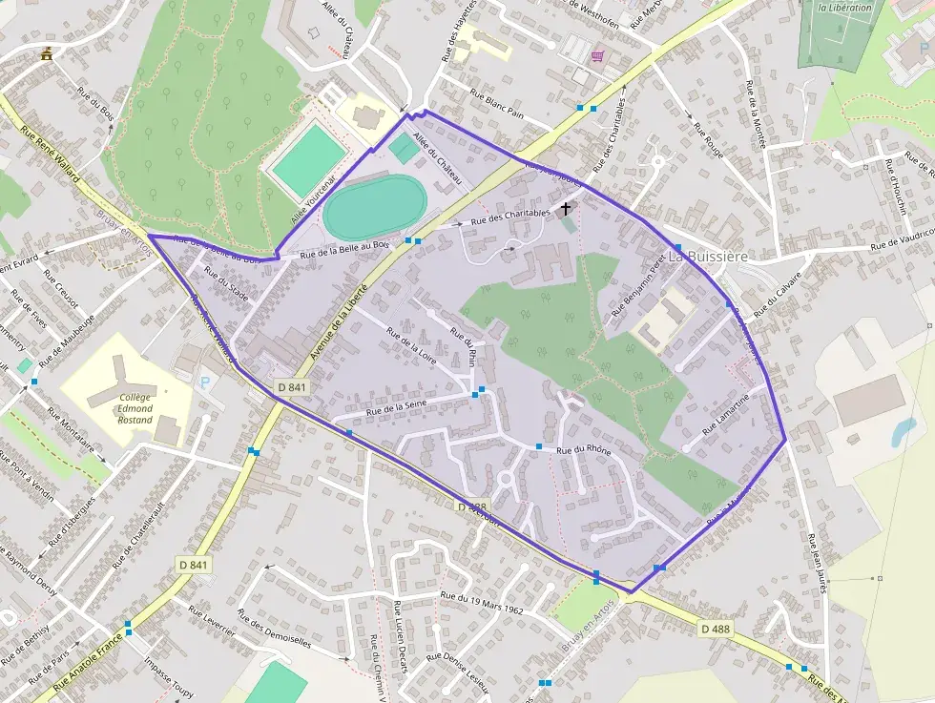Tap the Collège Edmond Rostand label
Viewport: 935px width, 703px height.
pyautogui.click(x=135, y=408)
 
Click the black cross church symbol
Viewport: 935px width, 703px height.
pyautogui.click(x=566, y=208)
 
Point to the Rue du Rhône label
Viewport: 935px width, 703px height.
pyautogui.click(x=584, y=449)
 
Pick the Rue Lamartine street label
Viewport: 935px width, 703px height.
pyautogui.click(x=729, y=416)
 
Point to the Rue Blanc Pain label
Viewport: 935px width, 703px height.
pyautogui.click(x=497, y=104)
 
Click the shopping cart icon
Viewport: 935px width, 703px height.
pyautogui.click(x=597, y=56)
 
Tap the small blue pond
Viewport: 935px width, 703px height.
pyautogui.click(x=903, y=432)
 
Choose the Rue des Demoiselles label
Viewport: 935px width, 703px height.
pyautogui.click(x=276, y=629)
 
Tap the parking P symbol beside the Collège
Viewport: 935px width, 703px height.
pyautogui.click(x=204, y=382)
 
